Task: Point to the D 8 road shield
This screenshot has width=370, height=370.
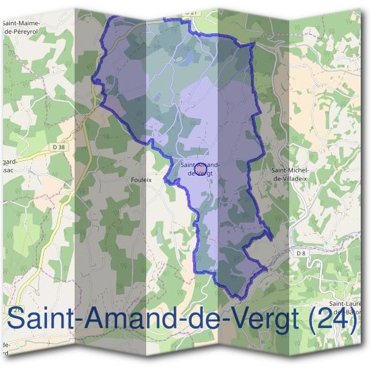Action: coord(300,253)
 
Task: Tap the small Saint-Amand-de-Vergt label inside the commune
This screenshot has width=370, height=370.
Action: coord(200,169)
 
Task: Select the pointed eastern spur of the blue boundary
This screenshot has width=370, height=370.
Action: coord(271,236)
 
